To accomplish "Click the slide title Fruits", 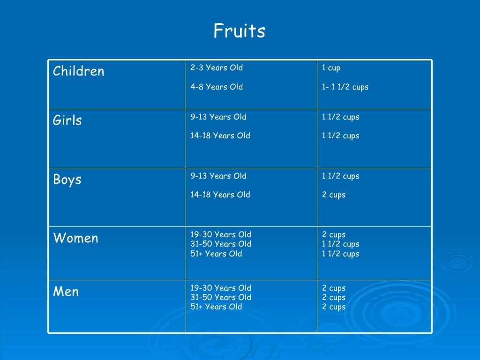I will point(239,31).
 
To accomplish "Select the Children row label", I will point(78,71).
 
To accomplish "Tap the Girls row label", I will point(67,120).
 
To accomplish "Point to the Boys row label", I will point(67,180).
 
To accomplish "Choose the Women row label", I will point(75,238).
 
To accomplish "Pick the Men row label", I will point(66,292).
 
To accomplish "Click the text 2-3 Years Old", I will point(217,68).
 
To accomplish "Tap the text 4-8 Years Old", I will point(217,87).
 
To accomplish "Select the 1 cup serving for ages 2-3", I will point(331,68).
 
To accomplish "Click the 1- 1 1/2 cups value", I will point(345,87).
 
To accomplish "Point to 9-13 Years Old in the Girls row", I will point(218,117).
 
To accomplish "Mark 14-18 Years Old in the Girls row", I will point(220,136).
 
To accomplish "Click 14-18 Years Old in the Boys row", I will point(220,195).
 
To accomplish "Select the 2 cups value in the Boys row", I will point(334,195).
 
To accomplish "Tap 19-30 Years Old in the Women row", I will point(221,234).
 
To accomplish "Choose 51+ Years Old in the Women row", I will point(216,254).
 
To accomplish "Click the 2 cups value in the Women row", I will point(334,234).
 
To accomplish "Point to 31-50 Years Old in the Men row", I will point(221,297).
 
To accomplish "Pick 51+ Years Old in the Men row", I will point(216,307).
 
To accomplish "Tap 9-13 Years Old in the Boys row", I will point(218,176).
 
